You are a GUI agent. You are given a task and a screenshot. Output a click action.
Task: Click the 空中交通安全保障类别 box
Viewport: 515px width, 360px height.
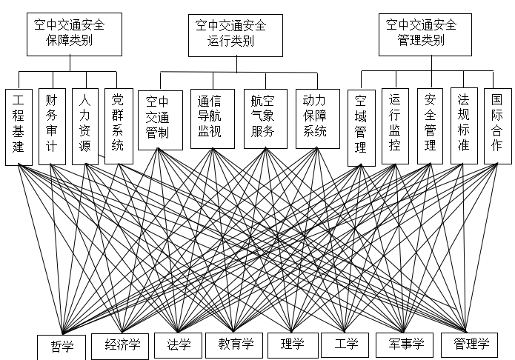tap(69, 33)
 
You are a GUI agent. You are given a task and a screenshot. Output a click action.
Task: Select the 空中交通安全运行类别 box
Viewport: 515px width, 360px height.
tap(230, 34)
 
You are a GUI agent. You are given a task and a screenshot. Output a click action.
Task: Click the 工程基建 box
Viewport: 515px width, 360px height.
tap(19, 127)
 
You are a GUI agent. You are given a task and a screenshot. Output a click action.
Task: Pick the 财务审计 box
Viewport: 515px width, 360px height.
tap(52, 127)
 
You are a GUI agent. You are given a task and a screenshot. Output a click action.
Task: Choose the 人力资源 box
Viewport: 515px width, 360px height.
tap(85, 127)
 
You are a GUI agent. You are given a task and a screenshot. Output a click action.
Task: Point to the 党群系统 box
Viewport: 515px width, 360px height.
tap(118, 127)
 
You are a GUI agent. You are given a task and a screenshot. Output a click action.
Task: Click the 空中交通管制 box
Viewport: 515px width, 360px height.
tap(159, 119)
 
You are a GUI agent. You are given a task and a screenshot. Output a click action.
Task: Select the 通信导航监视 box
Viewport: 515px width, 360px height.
tap(211, 119)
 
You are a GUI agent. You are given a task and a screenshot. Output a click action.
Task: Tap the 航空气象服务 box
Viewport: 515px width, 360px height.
tap(265, 119)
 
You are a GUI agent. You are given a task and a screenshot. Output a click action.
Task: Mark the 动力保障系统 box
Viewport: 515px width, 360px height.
tap(316, 119)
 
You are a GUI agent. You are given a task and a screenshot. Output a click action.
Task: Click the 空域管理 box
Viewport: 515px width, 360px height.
tap(361, 127)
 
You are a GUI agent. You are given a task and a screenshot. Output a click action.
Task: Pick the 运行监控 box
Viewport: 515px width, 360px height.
tap(395, 127)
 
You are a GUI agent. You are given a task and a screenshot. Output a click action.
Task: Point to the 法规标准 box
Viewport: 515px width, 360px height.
tap(463, 127)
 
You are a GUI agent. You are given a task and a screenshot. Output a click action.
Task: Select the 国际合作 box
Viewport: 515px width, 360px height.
tap(496, 127)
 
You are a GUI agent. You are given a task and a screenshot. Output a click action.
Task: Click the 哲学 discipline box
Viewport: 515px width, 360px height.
tap(62, 346)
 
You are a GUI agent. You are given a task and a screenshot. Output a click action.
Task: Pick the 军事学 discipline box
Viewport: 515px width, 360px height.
tap(401, 344)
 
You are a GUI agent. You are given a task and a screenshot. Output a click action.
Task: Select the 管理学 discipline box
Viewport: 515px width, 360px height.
tap(471, 344)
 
